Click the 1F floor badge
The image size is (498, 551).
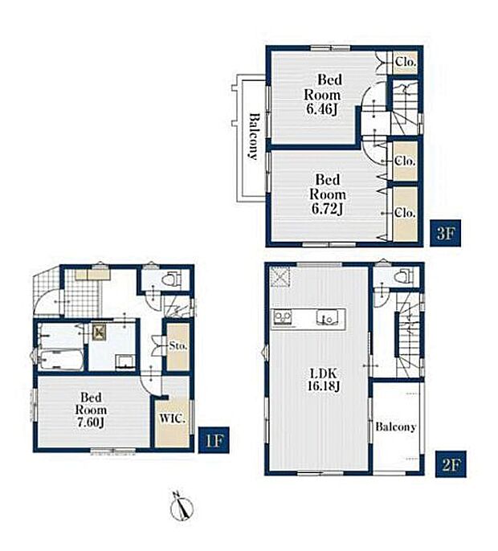[214, 439]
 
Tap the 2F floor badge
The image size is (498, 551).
[451, 464]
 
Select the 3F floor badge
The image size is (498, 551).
[445, 233]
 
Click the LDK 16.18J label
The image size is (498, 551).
[324, 380]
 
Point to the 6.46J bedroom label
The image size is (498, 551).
[323, 94]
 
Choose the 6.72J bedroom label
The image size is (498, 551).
[327, 194]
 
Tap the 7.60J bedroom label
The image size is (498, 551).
[91, 410]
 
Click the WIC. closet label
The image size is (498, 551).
[172, 418]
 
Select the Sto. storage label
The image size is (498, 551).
[178, 345]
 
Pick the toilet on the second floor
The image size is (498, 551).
[403, 276]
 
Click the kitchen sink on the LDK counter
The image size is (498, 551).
[328, 318]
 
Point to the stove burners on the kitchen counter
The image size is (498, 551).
[283, 317]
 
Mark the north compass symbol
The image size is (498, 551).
[182, 506]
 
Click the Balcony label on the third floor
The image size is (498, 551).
[254, 137]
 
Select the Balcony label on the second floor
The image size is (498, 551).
[395, 427]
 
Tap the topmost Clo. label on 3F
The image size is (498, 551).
[406, 62]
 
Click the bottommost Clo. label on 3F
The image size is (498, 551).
[405, 213]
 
